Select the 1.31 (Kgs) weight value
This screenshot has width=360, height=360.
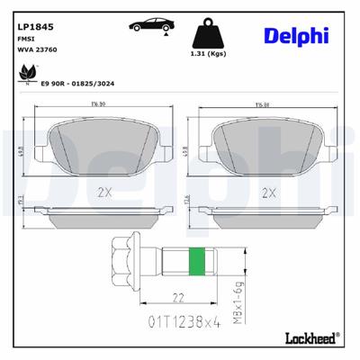point(209,52)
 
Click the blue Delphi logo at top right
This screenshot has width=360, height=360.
point(296,35)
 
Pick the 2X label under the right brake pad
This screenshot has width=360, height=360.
point(267,192)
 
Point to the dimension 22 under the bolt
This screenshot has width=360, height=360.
point(178,298)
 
